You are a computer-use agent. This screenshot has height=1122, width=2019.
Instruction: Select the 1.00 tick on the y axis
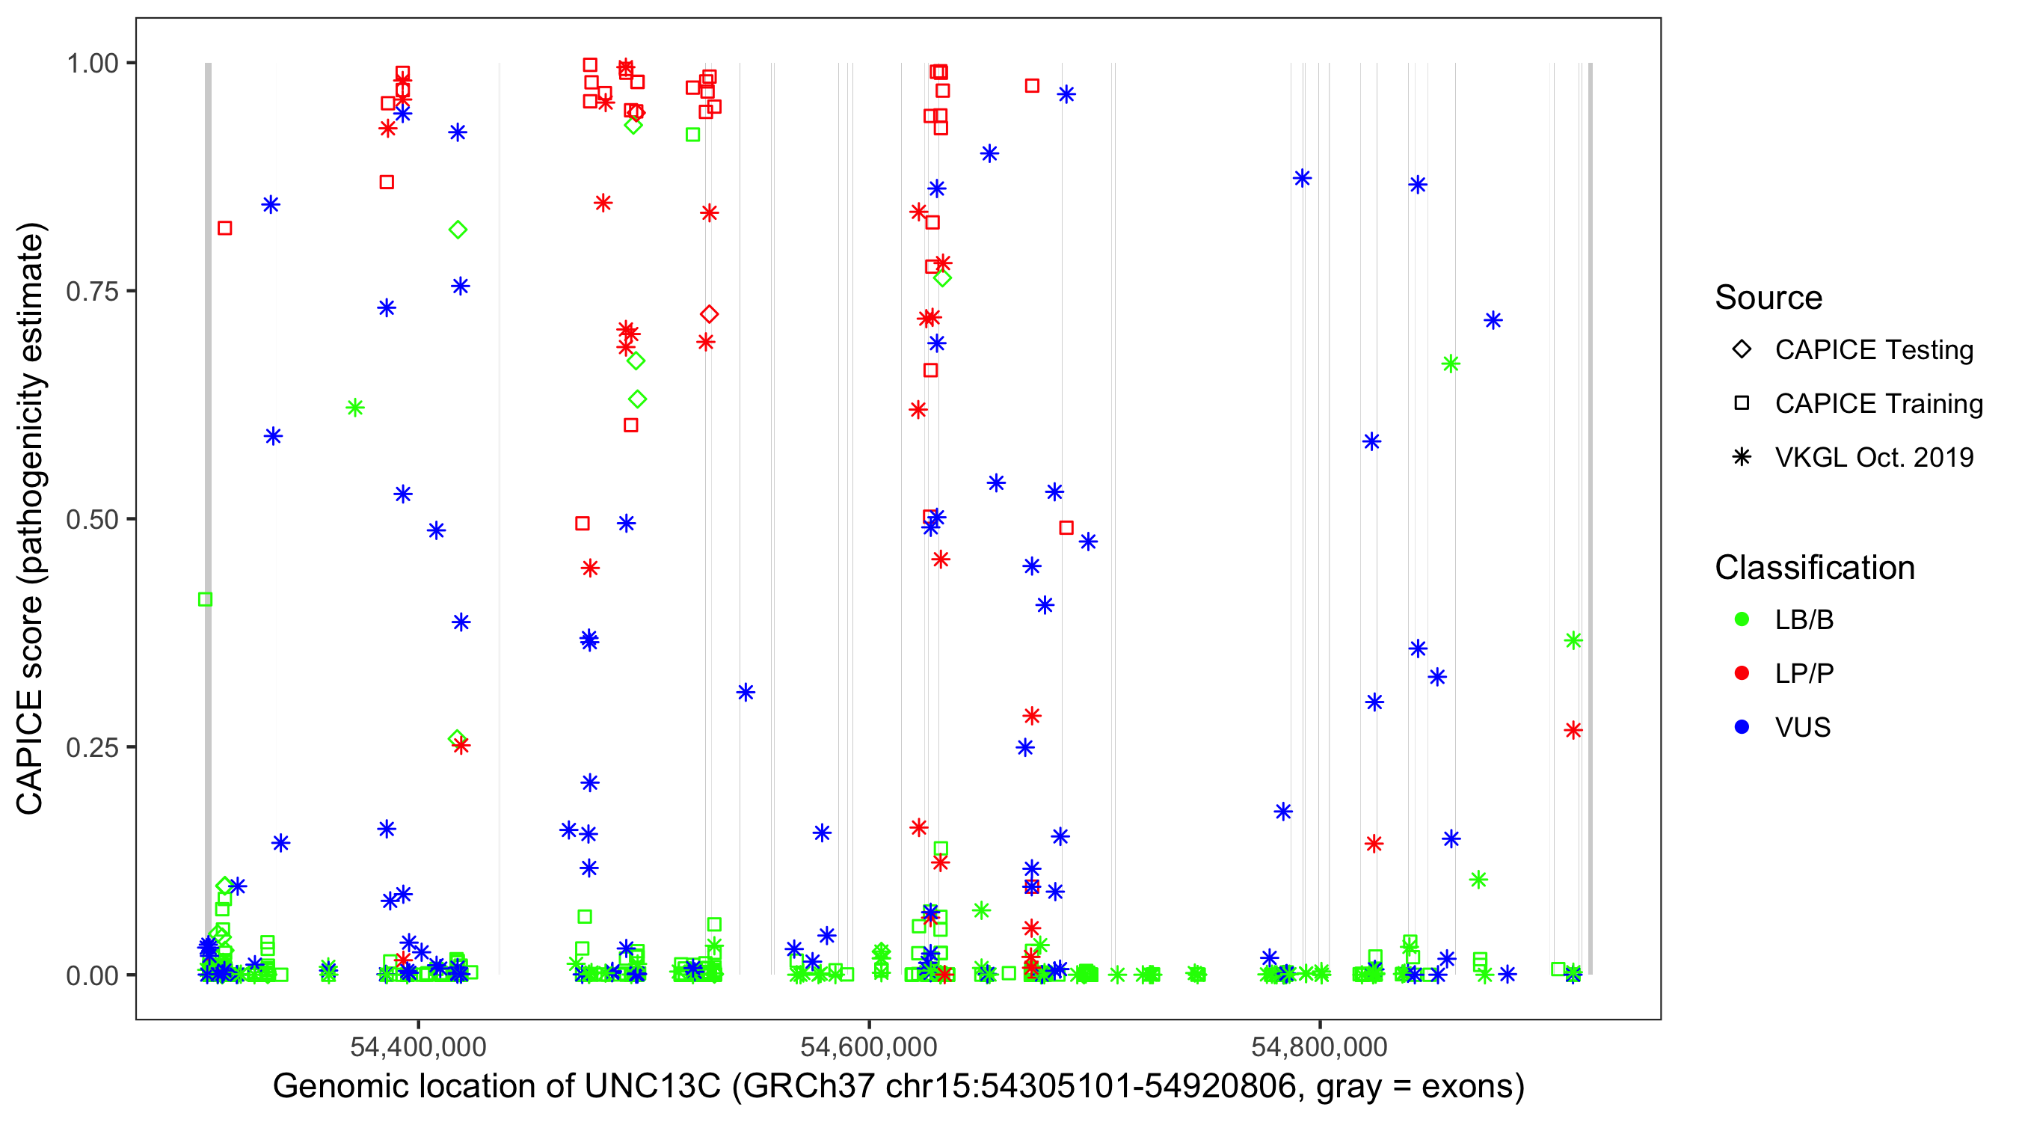(92, 64)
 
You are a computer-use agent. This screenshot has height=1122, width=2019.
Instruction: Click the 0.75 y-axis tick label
(92, 292)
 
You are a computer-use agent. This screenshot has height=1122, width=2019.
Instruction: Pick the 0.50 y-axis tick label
(92, 519)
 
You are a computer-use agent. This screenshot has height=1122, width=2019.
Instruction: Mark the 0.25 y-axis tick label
(92, 747)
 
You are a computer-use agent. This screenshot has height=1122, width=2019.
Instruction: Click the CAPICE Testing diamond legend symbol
(1742, 350)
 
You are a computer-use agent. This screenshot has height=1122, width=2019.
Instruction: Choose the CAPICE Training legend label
(1878, 404)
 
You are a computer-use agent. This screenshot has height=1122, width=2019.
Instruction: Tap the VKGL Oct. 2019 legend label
(1874, 457)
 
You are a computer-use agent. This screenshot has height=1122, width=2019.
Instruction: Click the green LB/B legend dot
(1742, 619)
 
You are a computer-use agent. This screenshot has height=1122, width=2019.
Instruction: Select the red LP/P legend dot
(1742, 673)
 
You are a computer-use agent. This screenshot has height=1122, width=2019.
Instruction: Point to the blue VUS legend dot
(1742, 728)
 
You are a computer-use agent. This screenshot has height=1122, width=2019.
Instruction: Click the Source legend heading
(1768, 298)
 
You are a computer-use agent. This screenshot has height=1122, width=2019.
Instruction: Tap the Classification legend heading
(1814, 568)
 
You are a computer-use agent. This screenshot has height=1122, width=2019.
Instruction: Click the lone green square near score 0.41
(206, 600)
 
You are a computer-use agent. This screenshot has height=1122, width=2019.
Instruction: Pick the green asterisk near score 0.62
(355, 408)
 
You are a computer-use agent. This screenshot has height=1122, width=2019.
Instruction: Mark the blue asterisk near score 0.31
(746, 693)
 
